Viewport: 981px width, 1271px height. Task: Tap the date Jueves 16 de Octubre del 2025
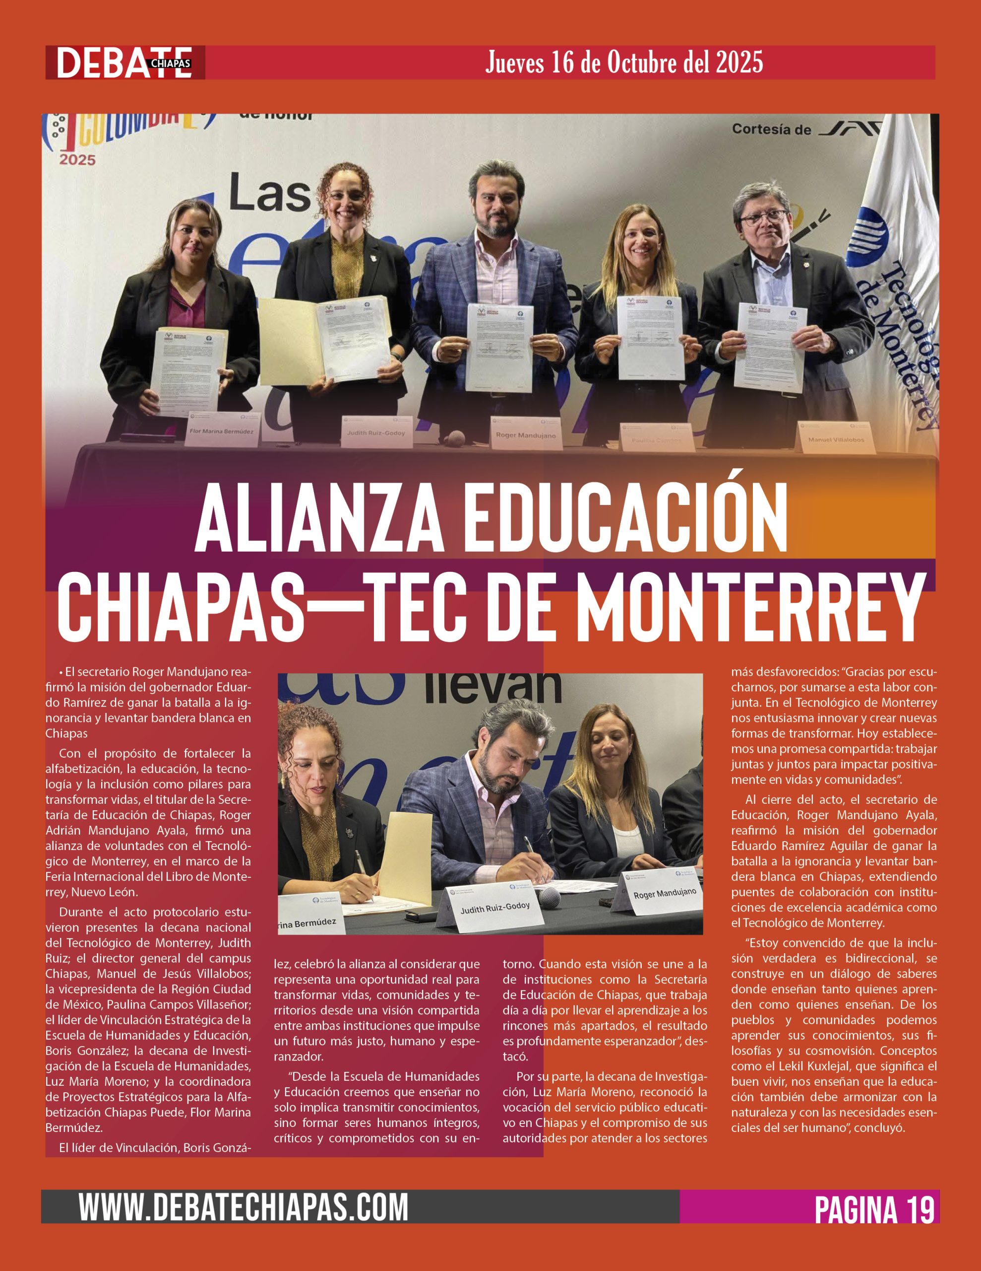(623, 62)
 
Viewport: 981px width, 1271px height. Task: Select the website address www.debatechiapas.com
(244, 1206)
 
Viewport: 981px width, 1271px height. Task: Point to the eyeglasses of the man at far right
(762, 219)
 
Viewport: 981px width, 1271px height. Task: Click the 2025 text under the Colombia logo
(77, 159)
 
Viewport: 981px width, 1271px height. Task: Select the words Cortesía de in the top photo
(771, 129)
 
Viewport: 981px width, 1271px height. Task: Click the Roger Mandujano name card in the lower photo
(664, 893)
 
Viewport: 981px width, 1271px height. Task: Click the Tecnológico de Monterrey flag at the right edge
(899, 280)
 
